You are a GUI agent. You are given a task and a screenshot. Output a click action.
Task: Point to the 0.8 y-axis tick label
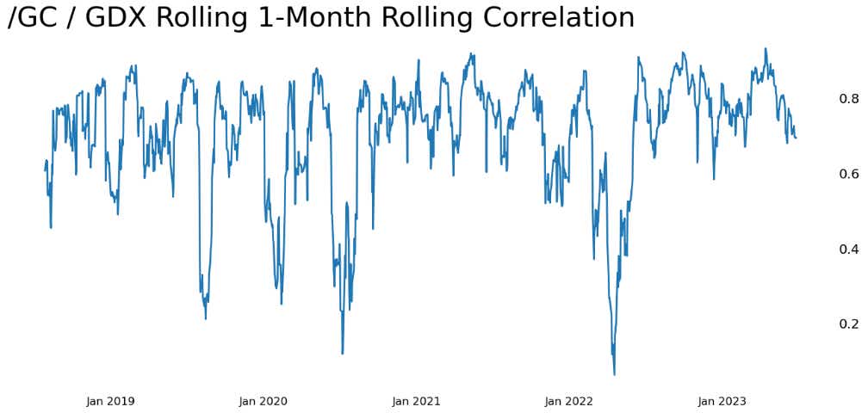pyautogui.click(x=848, y=99)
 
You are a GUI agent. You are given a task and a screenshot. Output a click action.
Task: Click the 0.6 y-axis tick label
pyautogui.click(x=848, y=174)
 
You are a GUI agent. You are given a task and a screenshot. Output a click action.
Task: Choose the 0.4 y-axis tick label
pyautogui.click(x=848, y=250)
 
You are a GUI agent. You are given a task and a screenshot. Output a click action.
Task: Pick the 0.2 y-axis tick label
pyautogui.click(x=848, y=324)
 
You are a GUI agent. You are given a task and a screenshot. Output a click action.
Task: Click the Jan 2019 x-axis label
pyautogui.click(x=110, y=401)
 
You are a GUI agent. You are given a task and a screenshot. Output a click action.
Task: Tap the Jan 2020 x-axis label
pyautogui.click(x=263, y=401)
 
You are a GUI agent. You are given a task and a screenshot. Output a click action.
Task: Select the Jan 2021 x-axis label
pyautogui.click(x=416, y=401)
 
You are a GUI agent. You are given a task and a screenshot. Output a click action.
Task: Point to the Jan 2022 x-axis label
pyautogui.click(x=569, y=401)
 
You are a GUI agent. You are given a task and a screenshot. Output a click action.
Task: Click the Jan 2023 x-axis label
pyautogui.click(x=722, y=401)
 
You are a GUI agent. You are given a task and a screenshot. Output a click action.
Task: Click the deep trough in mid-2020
pyautogui.click(x=342, y=353)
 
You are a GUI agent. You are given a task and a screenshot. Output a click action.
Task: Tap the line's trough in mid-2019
pyautogui.click(x=205, y=318)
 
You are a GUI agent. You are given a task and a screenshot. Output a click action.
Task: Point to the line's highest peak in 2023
pyautogui.click(x=766, y=49)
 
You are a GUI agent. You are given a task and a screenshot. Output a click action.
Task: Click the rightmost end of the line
pyautogui.click(x=796, y=138)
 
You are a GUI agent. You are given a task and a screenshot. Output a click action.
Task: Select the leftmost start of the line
pyautogui.click(x=45, y=170)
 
